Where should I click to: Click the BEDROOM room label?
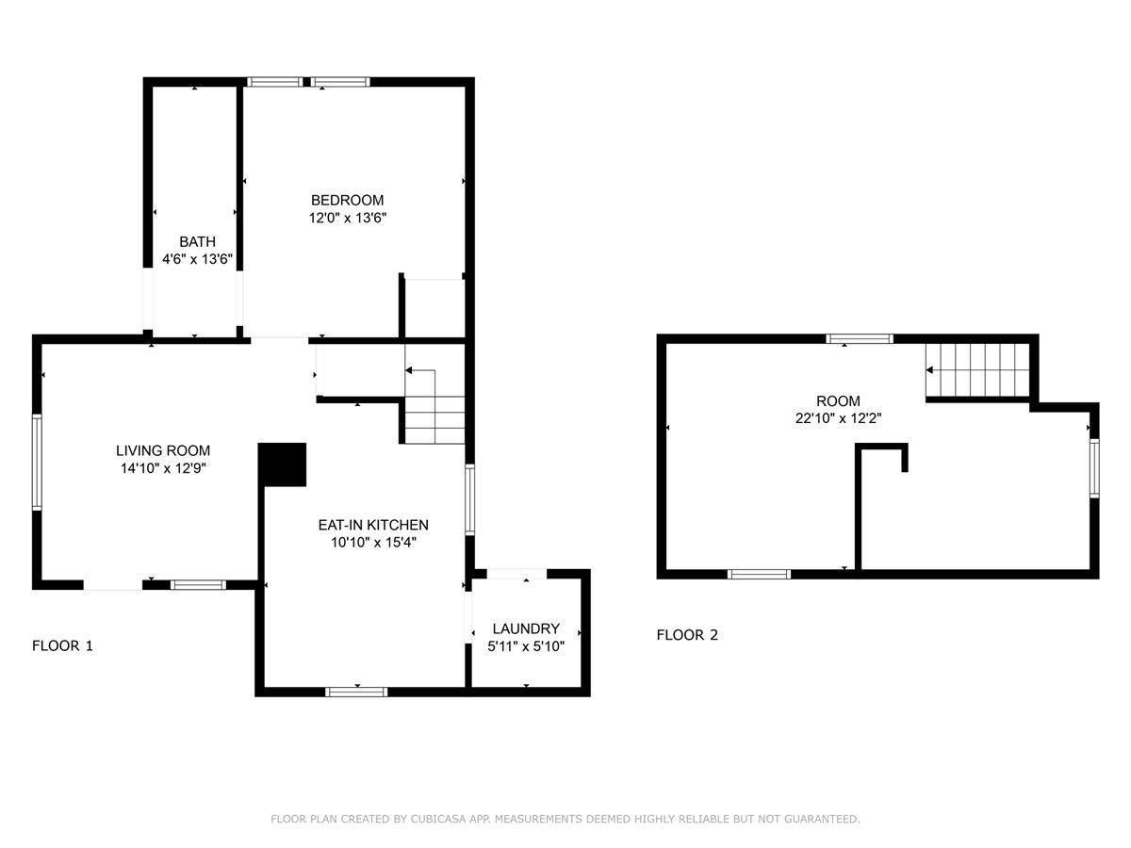pos(347,200)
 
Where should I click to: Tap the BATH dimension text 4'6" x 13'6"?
pos(197,258)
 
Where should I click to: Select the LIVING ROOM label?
pos(163,450)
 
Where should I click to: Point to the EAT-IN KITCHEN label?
pos(373,525)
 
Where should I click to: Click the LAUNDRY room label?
pos(526,628)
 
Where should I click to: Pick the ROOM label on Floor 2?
pos(838,400)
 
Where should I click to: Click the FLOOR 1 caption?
pos(62,645)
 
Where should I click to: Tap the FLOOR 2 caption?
pos(687,635)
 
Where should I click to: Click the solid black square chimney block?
pos(282,465)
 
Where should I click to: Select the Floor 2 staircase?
pos(977,369)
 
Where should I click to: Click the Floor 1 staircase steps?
pos(434,407)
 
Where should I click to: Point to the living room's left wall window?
pos(37,463)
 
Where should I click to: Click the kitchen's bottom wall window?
pos(356,692)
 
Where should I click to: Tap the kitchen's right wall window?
pos(470,499)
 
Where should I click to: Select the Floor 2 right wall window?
pos(1094,468)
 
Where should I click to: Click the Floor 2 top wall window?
pos(860,338)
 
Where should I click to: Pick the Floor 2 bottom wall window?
pos(759,574)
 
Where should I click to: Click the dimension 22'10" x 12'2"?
pos(838,418)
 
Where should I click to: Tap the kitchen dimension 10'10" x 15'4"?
pos(373,542)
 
